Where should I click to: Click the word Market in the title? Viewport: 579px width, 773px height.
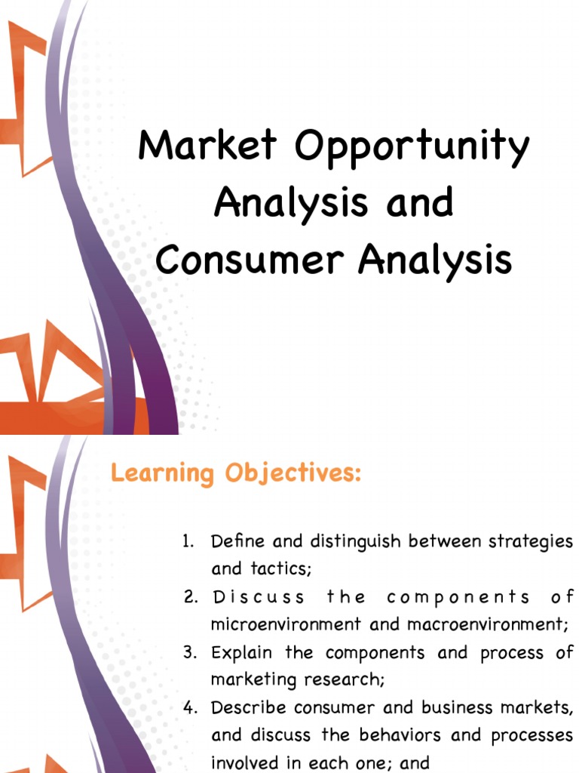[x=207, y=146]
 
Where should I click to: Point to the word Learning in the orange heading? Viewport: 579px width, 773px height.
[x=161, y=475]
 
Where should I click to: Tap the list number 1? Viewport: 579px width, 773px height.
[x=188, y=541]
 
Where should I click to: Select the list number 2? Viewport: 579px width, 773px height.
[x=189, y=597]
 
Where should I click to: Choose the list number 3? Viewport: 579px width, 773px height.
[x=189, y=652]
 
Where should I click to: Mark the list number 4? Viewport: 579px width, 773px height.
[x=189, y=707]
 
